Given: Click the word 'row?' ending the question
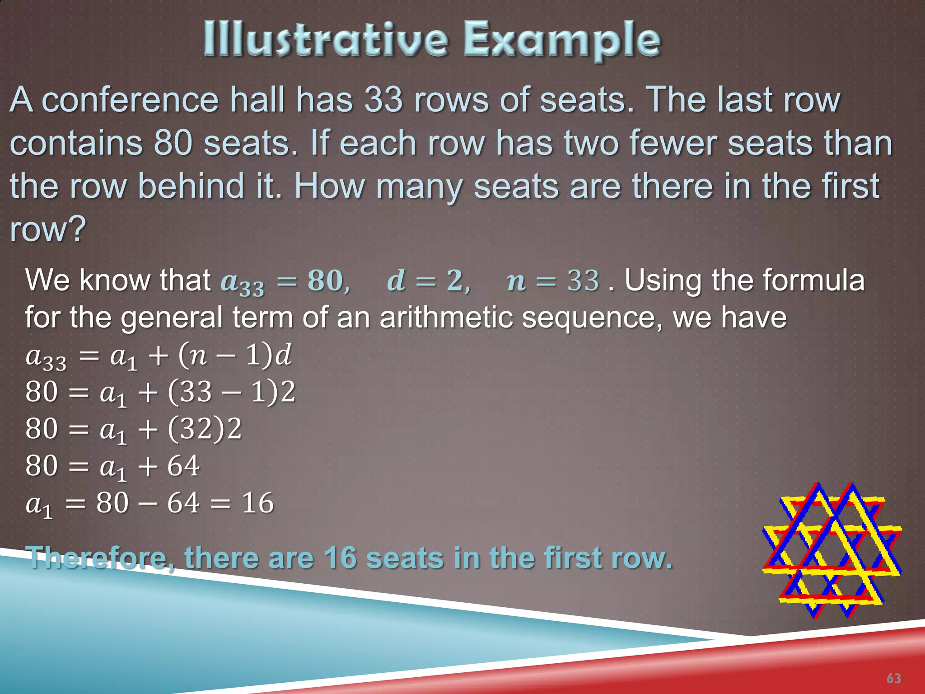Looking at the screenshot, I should click(48, 229).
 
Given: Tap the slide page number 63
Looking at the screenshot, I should click(893, 678).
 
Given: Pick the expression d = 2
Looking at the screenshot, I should click(428, 281).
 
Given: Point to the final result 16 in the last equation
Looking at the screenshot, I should click(257, 503).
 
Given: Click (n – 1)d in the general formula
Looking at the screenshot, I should click(235, 355).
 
